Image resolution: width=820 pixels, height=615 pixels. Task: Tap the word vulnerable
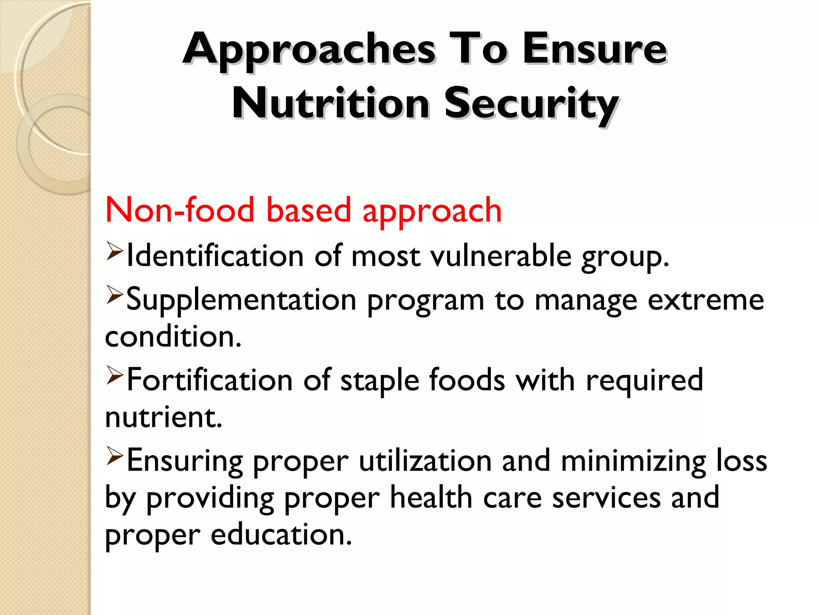click(501, 256)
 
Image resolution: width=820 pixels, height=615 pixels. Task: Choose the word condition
click(173, 337)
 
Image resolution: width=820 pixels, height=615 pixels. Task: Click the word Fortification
click(209, 380)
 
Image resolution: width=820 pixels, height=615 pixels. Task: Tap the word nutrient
click(163, 417)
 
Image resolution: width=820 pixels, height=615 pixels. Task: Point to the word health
click(431, 498)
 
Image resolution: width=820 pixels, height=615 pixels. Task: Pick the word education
click(281, 535)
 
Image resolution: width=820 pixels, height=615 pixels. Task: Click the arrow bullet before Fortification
click(115, 376)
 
